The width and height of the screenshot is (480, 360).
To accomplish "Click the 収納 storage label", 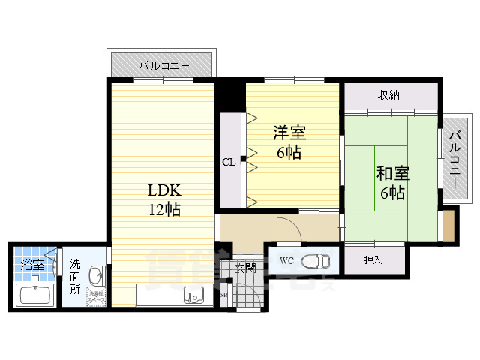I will pos(388,94).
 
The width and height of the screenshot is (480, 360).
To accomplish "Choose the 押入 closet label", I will pos(373,260).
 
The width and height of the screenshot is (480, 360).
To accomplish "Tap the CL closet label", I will pos(229,162).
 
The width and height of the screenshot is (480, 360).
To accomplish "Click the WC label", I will pos(286,261).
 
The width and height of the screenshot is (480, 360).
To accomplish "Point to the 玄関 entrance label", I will pos(245,267).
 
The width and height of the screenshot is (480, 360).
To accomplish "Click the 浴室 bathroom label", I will pos(31,265).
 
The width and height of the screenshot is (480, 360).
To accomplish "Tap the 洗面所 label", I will pos(76,274).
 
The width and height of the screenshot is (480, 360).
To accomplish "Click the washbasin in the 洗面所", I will pos(96,275).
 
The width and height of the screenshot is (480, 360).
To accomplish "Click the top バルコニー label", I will pos(163,66).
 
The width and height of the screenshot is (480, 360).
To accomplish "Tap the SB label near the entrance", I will pos(224,295).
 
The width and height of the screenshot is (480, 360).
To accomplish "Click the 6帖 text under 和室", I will pos(392,193).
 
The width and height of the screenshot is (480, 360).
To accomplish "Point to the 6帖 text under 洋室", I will pos(289,153).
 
